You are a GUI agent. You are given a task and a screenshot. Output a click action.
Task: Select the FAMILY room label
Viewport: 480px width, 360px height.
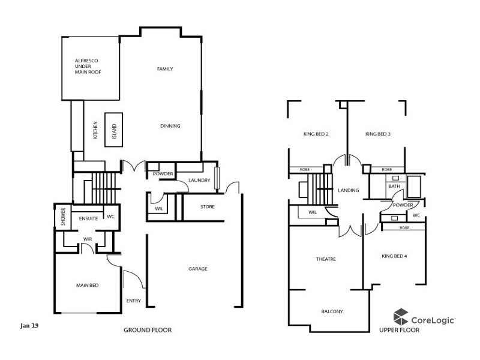point(165,69)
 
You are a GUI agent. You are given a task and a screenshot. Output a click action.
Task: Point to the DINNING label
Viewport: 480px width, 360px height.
point(170,126)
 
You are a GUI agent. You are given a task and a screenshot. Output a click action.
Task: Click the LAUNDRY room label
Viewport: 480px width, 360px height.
point(199,180)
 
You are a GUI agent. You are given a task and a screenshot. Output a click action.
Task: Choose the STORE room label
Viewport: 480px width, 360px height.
point(207,207)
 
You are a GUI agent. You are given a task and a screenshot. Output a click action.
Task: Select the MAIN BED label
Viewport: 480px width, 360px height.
point(87,285)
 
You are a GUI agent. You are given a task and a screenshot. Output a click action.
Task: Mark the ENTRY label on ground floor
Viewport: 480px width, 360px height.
point(133,301)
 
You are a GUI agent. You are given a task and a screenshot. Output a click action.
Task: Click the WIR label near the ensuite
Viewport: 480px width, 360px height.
point(87,239)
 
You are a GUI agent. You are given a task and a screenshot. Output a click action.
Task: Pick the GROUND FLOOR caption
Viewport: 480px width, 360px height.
point(148,330)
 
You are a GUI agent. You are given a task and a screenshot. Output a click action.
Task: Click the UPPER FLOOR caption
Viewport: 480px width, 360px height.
point(399,330)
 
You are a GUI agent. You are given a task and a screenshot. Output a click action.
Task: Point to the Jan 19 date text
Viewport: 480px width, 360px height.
point(29,326)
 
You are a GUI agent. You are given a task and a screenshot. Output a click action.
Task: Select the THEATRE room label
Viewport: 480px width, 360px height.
point(326,259)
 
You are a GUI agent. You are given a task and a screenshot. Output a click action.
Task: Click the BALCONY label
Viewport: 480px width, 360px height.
point(331,311)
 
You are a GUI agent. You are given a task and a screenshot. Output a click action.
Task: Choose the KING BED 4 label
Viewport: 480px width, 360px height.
point(394,256)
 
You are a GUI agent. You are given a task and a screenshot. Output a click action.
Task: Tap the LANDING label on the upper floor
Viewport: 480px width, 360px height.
point(348,190)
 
